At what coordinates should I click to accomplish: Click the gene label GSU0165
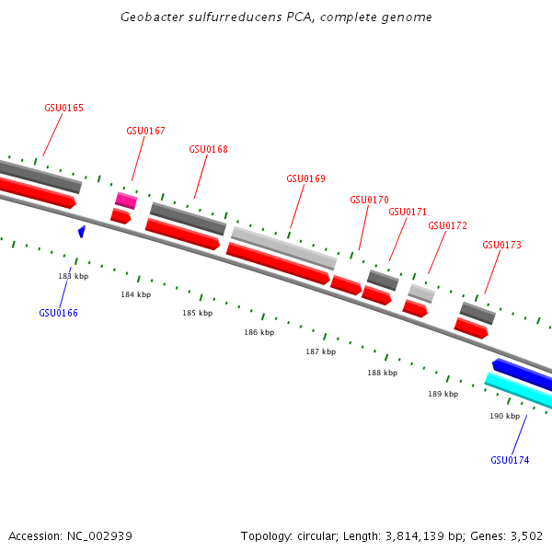(63, 108)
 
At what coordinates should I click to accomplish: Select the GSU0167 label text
(145, 131)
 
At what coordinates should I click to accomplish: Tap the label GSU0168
(208, 149)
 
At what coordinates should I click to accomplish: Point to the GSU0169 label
(305, 179)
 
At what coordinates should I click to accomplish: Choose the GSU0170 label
(369, 200)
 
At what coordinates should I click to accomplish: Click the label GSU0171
(408, 212)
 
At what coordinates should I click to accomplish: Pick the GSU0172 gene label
(447, 225)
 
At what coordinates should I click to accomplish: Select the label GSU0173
(501, 245)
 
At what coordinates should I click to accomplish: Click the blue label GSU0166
(58, 313)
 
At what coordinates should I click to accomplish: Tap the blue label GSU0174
(510, 460)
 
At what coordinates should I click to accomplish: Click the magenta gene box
(126, 201)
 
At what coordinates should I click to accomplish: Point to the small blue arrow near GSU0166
(82, 231)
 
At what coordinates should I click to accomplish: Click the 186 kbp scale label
(259, 332)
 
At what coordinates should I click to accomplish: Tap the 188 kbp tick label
(382, 373)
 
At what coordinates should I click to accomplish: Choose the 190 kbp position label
(504, 416)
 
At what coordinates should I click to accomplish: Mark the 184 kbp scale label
(135, 294)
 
